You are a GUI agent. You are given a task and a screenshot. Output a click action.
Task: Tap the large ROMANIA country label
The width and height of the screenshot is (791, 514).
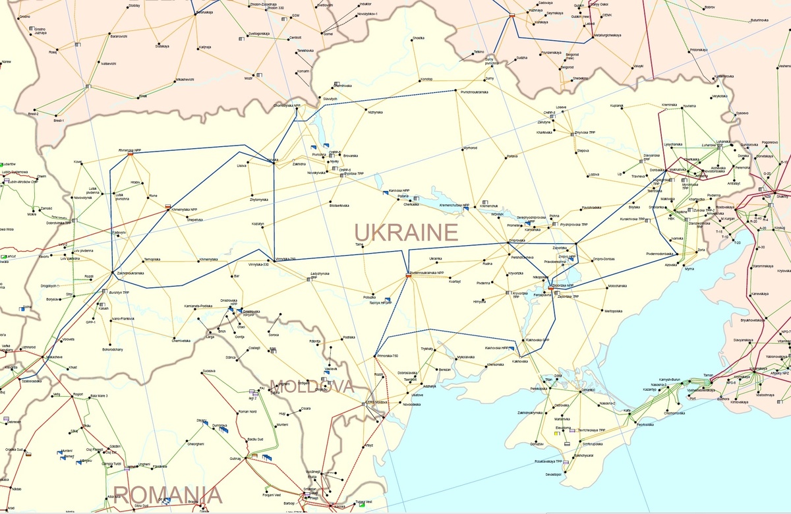pos(167,494)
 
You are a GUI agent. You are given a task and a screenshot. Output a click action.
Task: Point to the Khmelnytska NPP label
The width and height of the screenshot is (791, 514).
pos(184,210)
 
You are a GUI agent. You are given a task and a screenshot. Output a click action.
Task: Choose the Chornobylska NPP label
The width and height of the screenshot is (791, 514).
pos(287,105)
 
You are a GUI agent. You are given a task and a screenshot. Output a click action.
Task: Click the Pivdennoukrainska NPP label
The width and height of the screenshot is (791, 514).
pos(426,272)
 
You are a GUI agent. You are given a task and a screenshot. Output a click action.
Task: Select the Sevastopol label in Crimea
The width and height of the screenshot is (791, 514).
pos(552,474)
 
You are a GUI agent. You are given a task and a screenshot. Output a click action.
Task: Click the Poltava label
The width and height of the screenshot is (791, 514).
pos(512,156)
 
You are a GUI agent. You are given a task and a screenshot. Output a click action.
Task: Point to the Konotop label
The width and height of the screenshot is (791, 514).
pos(426,79)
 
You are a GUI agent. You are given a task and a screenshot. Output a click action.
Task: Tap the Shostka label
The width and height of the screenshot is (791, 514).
pos(418,38)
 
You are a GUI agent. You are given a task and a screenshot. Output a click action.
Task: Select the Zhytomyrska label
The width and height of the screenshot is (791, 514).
pos(258,199)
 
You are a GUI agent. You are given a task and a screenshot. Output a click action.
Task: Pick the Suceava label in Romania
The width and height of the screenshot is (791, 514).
pos(210,371)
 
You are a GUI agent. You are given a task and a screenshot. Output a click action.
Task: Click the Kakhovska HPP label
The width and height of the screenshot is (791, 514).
pos(498,347)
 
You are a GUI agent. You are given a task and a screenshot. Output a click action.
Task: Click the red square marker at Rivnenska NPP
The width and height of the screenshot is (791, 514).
pos(131,155)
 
